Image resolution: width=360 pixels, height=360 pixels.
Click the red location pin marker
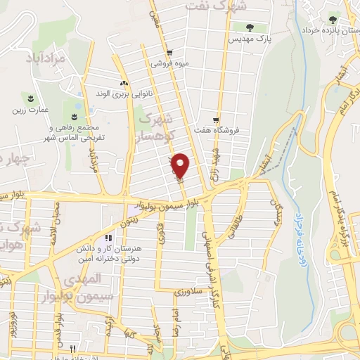[x=181, y=166]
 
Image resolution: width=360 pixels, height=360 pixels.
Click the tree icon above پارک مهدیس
[x=251, y=27]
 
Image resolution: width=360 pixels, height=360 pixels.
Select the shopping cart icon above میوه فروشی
[x=169, y=53]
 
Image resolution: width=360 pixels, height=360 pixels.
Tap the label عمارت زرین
[x=27, y=110]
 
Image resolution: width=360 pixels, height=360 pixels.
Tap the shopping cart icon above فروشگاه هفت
[x=216, y=120]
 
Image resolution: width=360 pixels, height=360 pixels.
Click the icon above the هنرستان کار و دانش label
[x=108, y=237]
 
